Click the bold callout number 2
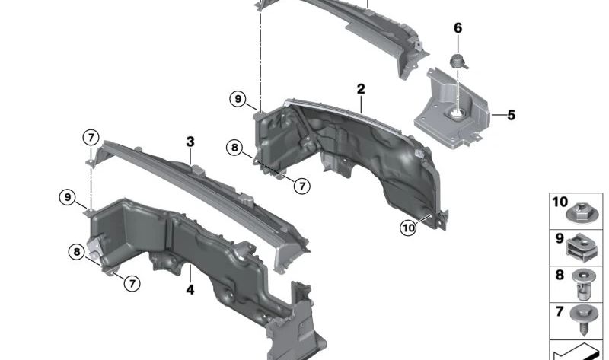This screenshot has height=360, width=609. pyautogui.click(x=361, y=90)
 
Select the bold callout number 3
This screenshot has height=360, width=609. pyautogui.click(x=190, y=142)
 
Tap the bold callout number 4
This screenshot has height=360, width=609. pyautogui.click(x=190, y=289)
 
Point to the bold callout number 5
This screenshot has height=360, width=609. pyautogui.click(x=511, y=116)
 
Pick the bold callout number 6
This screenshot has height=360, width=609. pyautogui.click(x=458, y=28)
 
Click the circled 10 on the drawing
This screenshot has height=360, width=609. pyautogui.click(x=409, y=227)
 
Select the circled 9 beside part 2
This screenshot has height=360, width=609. pyautogui.click(x=238, y=99)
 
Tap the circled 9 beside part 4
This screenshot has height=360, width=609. pyautogui.click(x=69, y=198)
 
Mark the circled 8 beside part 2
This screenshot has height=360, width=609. pyautogui.click(x=234, y=147)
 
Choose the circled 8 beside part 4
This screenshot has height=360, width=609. pyautogui.click(x=76, y=252)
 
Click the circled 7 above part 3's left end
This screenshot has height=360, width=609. pyautogui.click(x=91, y=138)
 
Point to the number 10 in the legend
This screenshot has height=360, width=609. pyautogui.click(x=560, y=202)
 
